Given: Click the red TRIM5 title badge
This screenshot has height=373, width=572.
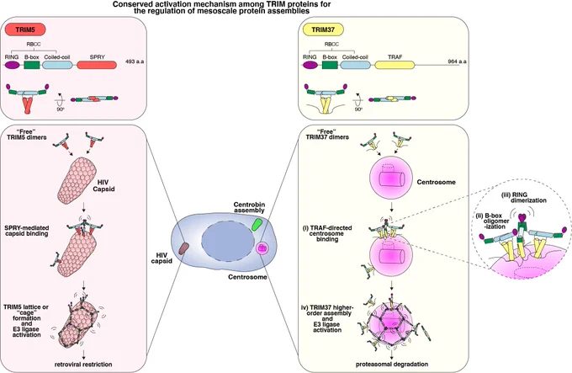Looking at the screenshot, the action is [x=25, y=29].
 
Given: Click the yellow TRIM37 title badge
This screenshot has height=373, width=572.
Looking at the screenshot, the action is [x=323, y=29].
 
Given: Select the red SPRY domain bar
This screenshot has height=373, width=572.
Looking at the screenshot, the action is [x=97, y=65].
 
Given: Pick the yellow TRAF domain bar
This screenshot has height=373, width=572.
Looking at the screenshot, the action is [x=395, y=65].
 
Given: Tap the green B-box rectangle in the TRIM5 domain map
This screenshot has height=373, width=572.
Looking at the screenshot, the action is [x=32, y=65].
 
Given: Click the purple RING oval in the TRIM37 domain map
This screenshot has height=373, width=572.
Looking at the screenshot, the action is [x=310, y=65].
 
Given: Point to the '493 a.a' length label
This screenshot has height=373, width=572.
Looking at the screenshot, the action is [x=135, y=61].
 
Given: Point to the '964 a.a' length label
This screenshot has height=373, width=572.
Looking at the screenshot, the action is [x=457, y=61].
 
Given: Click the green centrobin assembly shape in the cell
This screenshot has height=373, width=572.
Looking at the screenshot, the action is [x=257, y=224].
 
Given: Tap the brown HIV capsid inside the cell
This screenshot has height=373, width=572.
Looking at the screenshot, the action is [x=183, y=248].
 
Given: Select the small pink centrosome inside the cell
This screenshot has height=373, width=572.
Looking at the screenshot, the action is [x=262, y=248].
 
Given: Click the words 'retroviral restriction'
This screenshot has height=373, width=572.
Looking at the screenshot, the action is [x=83, y=365].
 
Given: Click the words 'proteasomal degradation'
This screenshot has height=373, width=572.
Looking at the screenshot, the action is [x=392, y=365].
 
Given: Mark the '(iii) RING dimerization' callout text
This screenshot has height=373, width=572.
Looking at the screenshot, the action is [x=524, y=198].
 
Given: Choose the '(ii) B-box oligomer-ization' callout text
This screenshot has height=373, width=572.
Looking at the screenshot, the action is [x=493, y=221].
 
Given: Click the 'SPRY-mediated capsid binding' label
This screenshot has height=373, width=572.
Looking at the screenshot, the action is [x=27, y=231].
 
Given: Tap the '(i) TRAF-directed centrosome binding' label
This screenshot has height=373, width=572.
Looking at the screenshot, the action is [x=327, y=233].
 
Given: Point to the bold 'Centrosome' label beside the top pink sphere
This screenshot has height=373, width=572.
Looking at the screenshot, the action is [x=437, y=182].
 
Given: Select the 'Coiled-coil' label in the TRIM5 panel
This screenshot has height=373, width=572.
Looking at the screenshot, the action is [x=57, y=57].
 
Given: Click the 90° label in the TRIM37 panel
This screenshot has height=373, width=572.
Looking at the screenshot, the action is [x=358, y=109].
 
